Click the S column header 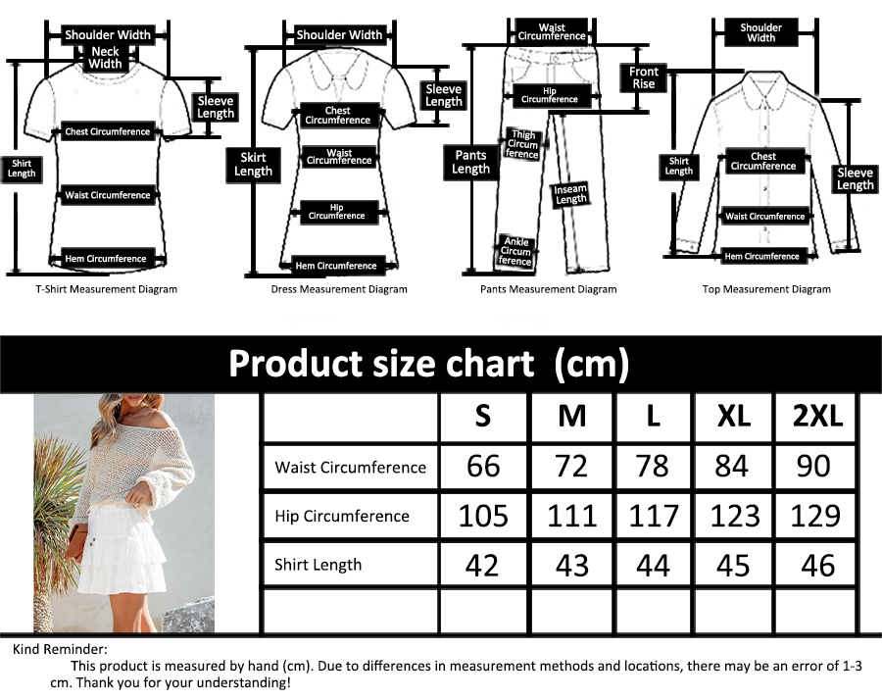click(482, 417)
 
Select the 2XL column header click(817, 417)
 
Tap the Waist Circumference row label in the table click(351, 467)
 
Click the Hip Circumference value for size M click(572, 516)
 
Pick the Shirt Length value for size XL click(733, 565)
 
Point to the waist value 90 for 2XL click(813, 466)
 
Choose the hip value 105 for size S click(483, 516)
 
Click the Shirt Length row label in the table click(318, 565)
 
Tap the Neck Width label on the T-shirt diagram click(105, 58)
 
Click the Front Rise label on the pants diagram click(644, 77)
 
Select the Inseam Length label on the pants click(570, 194)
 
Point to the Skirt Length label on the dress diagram click(253, 165)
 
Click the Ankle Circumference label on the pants click(515, 252)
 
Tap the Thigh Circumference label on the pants click(522, 144)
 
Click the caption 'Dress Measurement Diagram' click(339, 289)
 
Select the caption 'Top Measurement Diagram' click(766, 289)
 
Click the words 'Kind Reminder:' click(60, 649)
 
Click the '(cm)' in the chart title click(591, 364)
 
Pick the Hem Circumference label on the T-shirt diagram click(106, 259)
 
